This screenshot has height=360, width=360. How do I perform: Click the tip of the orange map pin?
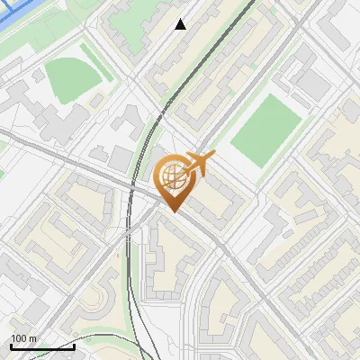[171, 211]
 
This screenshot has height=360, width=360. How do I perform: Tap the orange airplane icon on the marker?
[200, 164]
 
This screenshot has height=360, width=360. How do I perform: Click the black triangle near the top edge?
[181, 24]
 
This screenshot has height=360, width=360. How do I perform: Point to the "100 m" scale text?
[23, 338]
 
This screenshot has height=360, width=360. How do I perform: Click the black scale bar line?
[42, 346]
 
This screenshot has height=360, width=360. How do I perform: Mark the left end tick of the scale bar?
[11, 345]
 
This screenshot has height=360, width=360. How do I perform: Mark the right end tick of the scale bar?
[74, 345]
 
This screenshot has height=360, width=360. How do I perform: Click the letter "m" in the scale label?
[32, 338]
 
